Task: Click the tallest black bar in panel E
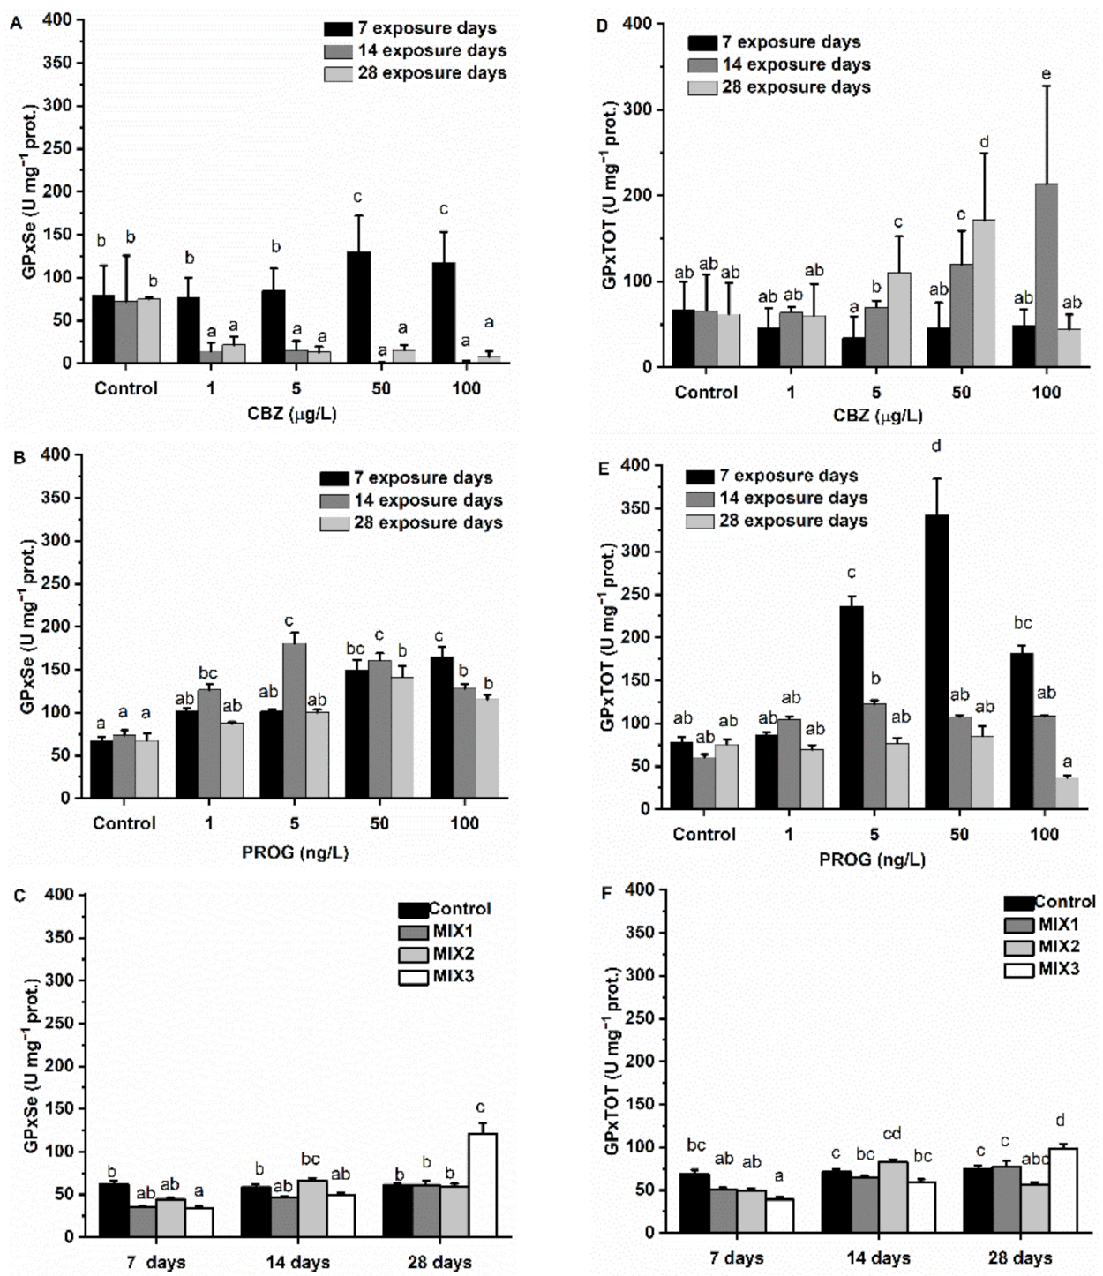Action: pos(936,661)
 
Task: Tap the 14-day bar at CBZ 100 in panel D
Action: pos(1046,274)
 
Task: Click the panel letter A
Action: pos(15,24)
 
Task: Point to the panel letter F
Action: pos(605,893)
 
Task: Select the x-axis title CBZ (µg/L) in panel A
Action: pos(291,413)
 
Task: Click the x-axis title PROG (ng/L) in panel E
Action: pos(872,859)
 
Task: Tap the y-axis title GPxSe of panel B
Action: pos(29,627)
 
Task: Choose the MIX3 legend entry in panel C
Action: pos(437,976)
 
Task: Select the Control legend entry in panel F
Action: pos(1049,902)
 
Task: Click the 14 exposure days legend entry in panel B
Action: pos(411,500)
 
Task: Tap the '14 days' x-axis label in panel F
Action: pos(878,1257)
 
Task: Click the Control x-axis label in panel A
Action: pos(125,388)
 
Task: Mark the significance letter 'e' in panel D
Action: pos(1046,74)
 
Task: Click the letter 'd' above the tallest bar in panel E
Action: pos(936,446)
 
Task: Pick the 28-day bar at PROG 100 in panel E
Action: pos(1067,792)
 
